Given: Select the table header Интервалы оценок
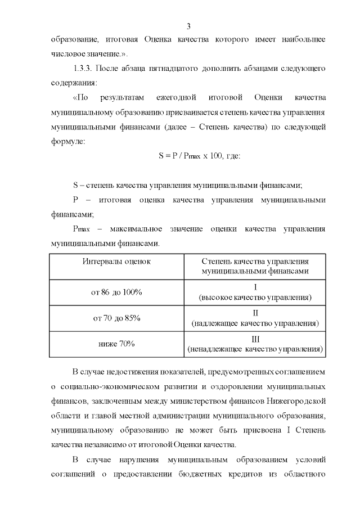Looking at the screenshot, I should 117,262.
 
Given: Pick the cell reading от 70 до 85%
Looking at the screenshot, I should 117,318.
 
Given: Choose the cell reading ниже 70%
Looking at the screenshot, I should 117,344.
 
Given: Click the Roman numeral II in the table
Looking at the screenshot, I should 255,313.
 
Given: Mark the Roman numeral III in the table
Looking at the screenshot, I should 255,339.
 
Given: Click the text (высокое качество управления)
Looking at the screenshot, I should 255,297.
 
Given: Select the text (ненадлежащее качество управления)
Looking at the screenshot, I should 255,349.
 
